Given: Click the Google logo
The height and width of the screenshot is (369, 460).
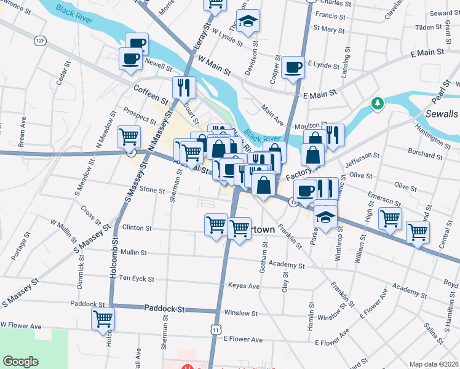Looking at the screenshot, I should point(21,362).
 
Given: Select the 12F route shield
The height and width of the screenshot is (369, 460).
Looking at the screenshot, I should point(41,41).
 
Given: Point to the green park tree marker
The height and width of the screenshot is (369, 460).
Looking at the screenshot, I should point(378,103).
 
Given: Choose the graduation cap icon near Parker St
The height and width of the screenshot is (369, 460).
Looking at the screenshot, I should point(326,215).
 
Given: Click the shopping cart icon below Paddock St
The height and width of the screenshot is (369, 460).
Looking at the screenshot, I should point(103,319).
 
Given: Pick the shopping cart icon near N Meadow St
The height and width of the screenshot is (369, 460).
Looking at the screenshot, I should point(129,137).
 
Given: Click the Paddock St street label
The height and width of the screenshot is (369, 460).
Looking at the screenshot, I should point(164,309).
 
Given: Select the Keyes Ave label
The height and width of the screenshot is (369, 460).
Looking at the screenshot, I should point(244,286).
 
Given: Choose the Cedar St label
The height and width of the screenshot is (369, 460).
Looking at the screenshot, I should point(61,77).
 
